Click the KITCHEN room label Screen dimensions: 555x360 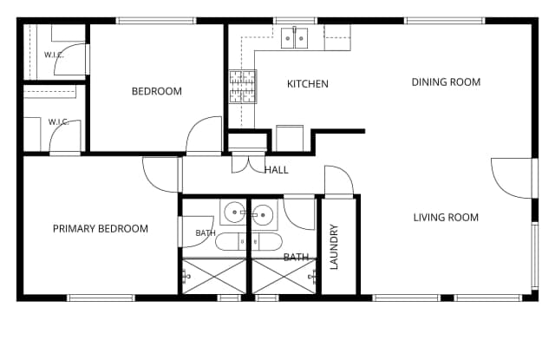(308, 84)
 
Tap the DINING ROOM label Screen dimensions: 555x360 (446, 82)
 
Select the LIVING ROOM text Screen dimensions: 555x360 (446, 217)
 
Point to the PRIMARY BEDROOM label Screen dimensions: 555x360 (101, 229)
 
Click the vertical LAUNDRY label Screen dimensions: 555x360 (334, 246)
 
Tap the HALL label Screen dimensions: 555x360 (277, 170)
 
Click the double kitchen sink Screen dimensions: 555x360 (295, 38)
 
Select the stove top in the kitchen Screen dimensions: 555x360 (243, 87)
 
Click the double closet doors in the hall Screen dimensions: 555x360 (249, 163)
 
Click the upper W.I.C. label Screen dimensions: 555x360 (54, 55)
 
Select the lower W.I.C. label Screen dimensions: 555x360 (59, 122)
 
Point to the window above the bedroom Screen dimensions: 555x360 (156, 21)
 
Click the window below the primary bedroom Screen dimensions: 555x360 (101, 298)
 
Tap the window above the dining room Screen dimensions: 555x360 (445, 21)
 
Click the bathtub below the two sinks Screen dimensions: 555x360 (249, 242)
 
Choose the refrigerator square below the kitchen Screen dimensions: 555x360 (290, 138)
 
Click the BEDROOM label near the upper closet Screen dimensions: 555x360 (157, 91)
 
